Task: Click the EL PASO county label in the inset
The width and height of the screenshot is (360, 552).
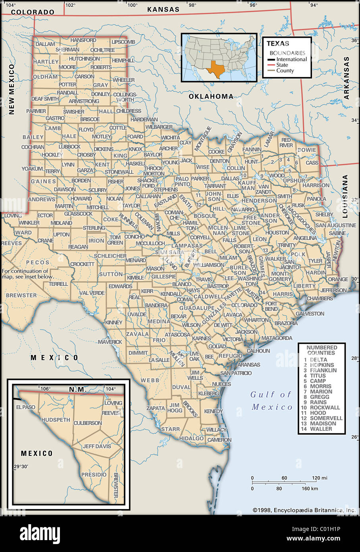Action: tap(26, 407)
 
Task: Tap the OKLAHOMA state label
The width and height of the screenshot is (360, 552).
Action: tap(211, 97)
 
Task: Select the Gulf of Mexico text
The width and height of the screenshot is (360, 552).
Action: tap(271, 400)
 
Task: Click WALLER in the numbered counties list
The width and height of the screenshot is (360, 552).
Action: tap(321, 429)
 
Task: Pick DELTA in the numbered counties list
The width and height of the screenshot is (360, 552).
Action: tap(318, 360)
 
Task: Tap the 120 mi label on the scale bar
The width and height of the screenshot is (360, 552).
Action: tap(319, 478)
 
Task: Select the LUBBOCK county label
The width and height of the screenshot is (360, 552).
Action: tap(69, 147)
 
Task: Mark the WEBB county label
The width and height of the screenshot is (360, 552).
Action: tap(150, 380)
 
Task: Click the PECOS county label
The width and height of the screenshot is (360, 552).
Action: tap(38, 262)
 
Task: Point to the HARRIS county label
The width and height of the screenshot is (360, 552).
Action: tap(283, 294)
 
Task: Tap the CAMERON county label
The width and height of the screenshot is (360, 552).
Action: tap(219, 440)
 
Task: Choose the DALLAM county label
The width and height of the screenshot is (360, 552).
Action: tap(45, 44)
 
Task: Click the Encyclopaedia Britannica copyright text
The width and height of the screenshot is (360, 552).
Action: tap(304, 510)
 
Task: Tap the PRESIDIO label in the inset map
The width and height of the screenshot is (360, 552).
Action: tap(94, 475)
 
